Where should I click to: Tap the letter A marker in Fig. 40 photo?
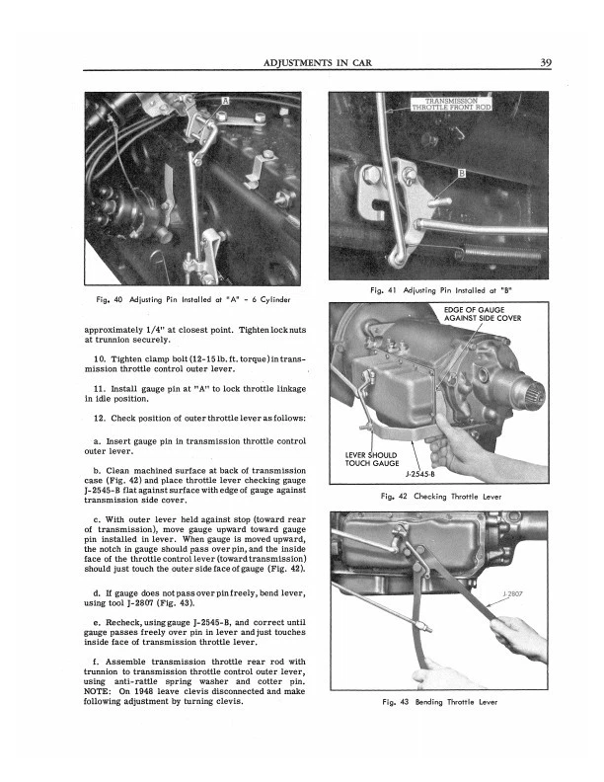[x=224, y=102]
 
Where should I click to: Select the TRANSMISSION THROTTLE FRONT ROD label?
[x=450, y=105]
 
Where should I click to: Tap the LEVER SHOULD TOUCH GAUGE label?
[x=370, y=458]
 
